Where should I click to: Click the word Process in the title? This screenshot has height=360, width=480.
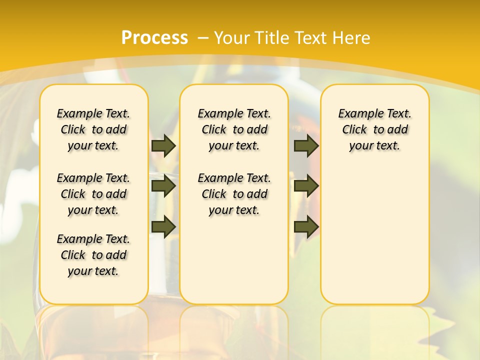click(x=154, y=38)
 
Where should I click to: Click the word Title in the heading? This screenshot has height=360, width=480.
click(x=272, y=38)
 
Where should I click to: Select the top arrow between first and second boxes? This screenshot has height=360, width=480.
click(x=163, y=145)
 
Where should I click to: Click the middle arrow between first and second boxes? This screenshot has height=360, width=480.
click(x=163, y=186)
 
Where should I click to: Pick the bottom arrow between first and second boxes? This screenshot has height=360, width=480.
click(x=163, y=226)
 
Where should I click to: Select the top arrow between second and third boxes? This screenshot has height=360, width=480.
click(x=306, y=145)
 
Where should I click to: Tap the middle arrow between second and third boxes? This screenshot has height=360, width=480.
click(x=306, y=186)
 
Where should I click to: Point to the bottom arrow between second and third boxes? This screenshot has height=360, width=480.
click(x=306, y=226)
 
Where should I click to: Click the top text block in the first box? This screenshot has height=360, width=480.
click(x=93, y=129)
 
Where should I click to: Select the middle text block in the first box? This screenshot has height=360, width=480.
click(x=93, y=194)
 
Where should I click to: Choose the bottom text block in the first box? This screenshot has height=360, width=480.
click(x=93, y=255)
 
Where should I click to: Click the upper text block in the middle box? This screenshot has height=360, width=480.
click(x=234, y=129)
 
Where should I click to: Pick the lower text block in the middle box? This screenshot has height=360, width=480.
click(x=234, y=194)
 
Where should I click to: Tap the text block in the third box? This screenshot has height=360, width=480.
click(x=374, y=129)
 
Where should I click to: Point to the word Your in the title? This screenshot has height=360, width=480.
click(x=231, y=38)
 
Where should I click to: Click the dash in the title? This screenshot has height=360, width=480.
click(x=202, y=38)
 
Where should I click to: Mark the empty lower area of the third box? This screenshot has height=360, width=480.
click(x=374, y=235)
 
